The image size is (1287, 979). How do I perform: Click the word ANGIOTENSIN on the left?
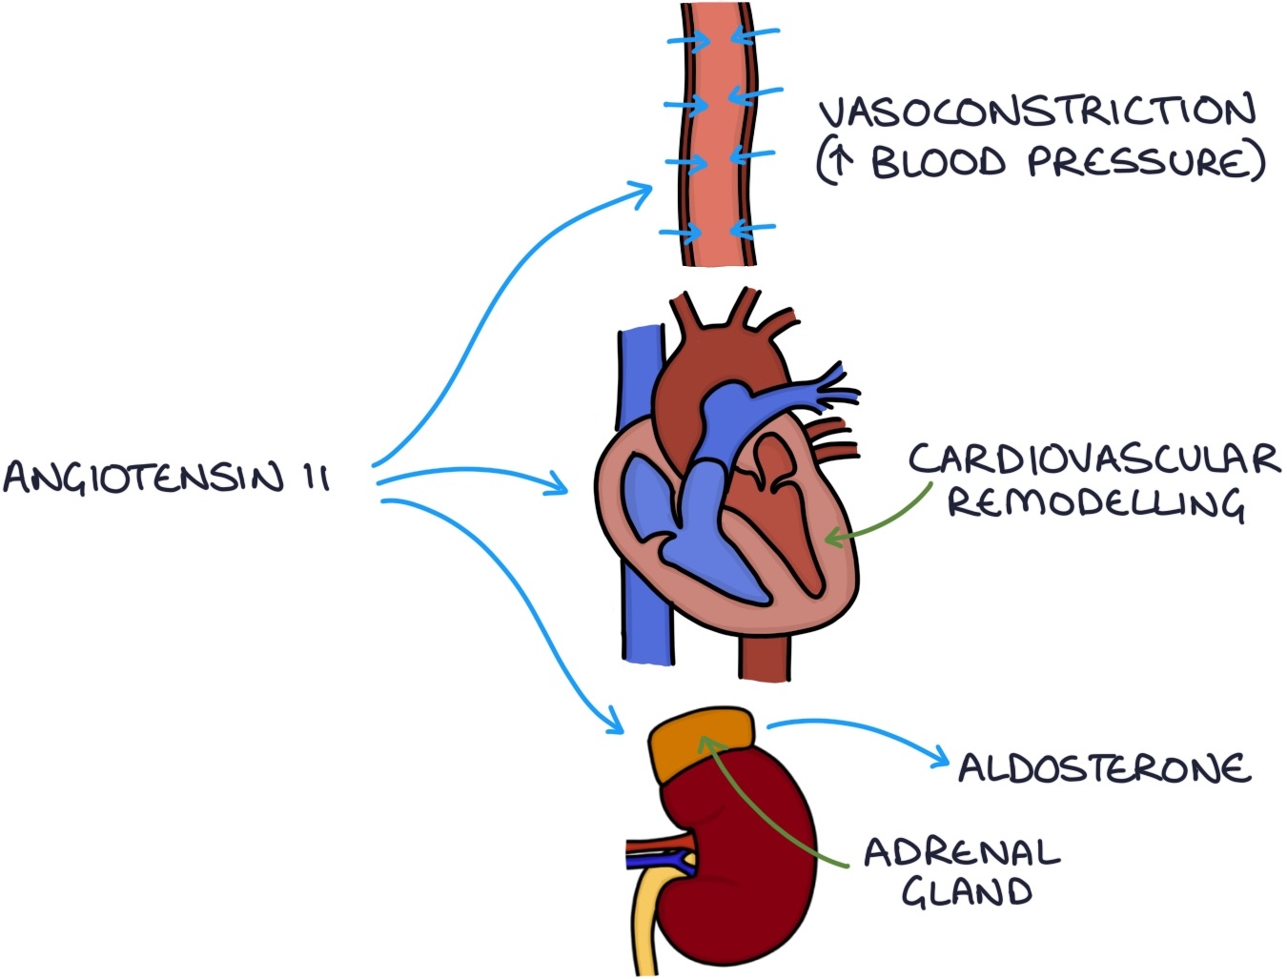pyautogui.click(x=143, y=477)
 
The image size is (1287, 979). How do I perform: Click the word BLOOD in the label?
pyautogui.click(x=938, y=163)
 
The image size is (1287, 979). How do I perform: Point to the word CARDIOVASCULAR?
pyautogui.click(x=1093, y=459)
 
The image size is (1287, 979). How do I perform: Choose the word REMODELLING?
pyautogui.click(x=1095, y=503)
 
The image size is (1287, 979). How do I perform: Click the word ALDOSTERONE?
pyautogui.click(x=1104, y=768)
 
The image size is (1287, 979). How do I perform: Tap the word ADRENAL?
pyautogui.click(x=961, y=852)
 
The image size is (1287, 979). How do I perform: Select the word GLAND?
pyautogui.click(x=967, y=893)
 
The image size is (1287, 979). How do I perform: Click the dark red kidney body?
pyautogui.click(x=753, y=858)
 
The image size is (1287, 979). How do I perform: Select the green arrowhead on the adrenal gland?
pyautogui.click(x=705, y=742)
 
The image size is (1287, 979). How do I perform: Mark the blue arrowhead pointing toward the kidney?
pyautogui.click(x=615, y=726)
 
